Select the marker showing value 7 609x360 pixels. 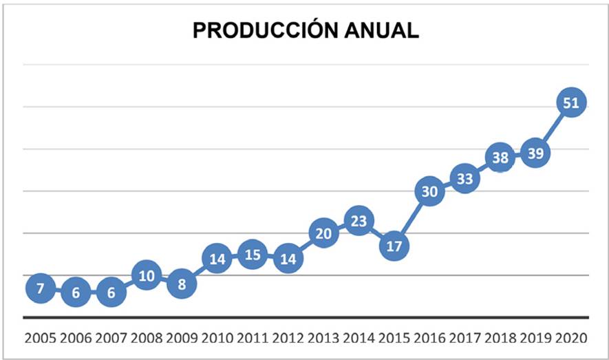[40, 288]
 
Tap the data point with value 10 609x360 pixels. [146, 275]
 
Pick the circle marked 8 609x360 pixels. [182, 284]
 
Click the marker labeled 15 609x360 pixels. [253, 255]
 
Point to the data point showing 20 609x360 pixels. [323, 233]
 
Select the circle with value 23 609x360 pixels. [359, 221]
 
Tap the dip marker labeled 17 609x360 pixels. [394, 246]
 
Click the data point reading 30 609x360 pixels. [429, 192]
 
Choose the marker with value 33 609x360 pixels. [465, 179]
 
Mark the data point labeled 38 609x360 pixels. [500, 158]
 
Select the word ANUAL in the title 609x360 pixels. [384, 31]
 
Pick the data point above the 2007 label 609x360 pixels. [111, 293]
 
